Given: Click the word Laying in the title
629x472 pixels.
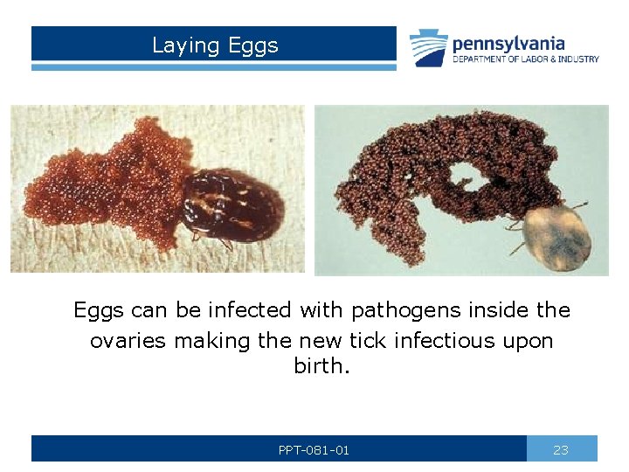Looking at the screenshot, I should pos(181,45).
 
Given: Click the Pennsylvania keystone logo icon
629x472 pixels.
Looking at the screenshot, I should pos(429,47).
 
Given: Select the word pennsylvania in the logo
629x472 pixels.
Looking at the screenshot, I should pos(508,43).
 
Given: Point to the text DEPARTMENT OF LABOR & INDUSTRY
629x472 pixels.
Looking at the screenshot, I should pos(526,59).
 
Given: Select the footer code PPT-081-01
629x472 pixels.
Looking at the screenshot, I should pos(314,450).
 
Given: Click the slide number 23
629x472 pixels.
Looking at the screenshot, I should pos(561,450).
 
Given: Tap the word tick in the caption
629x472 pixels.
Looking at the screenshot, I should pos(341,340).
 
